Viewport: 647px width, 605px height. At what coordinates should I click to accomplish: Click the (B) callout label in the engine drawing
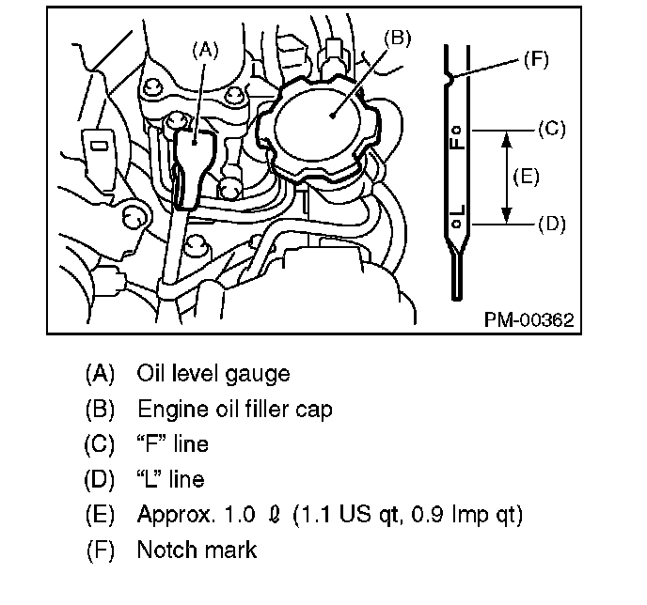tap(398, 38)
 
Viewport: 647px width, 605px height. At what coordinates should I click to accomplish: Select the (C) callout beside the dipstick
tap(550, 129)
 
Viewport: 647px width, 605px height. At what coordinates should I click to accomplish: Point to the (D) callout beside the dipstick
tap(550, 225)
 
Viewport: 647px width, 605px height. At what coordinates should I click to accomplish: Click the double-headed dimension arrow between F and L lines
tap(507, 177)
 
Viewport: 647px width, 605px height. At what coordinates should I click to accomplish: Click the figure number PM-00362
tap(529, 319)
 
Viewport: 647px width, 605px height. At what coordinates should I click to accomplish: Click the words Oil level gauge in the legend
tap(213, 374)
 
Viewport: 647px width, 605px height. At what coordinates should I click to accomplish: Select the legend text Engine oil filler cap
tap(234, 410)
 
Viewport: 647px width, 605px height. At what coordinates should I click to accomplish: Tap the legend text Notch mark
tap(197, 551)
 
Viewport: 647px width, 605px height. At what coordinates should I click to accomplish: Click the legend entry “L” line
tap(173, 479)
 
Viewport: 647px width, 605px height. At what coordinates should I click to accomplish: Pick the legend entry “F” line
tap(173, 444)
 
